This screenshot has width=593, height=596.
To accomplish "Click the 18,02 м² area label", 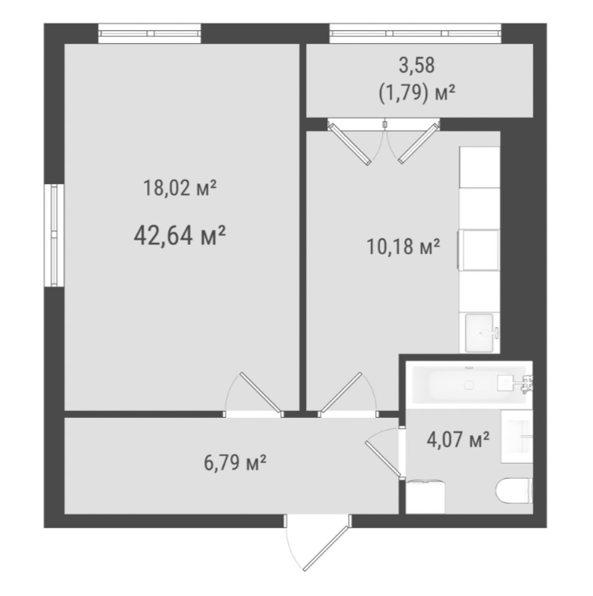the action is pos(180,188).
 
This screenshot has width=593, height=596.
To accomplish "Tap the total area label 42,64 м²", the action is pos(180,235).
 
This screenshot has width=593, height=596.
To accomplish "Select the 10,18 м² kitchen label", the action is pos(403,247).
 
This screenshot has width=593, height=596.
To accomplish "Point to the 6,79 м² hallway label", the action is pos(235,463).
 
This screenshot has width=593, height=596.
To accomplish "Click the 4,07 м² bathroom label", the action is pos(458,439).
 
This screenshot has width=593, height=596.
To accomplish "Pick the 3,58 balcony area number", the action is pos(416,65).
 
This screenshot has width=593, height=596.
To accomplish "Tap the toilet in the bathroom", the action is pos(514,491).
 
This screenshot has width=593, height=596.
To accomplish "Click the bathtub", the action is pos(469,384).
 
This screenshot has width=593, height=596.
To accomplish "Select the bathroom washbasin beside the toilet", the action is pos(517,436).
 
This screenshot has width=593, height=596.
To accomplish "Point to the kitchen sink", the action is pos(482,333).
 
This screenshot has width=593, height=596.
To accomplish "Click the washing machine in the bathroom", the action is pos(426,497).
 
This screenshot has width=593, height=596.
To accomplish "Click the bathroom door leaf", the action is pos(383,459).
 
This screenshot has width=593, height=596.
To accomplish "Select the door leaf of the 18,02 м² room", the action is pos(261,393).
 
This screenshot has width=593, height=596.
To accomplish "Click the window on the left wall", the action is pos(54,235).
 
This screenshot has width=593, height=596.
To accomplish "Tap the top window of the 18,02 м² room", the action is pos(149,33).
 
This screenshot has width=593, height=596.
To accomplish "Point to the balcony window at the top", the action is pos(415,33).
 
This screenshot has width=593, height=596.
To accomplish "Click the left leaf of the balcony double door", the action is pos(349,144).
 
